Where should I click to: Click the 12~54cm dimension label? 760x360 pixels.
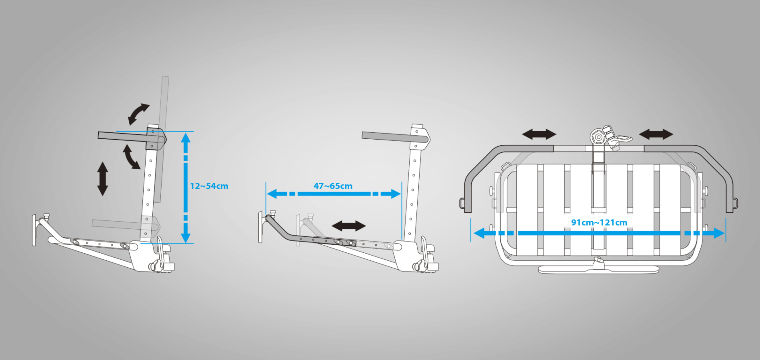209,186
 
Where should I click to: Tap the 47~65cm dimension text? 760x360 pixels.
333,186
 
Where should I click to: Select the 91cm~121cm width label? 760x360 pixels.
599,222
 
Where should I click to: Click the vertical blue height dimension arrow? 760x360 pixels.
185,187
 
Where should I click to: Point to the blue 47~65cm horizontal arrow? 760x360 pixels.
334,194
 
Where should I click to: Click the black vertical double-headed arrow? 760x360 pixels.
103,178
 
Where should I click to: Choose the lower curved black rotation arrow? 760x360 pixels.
130,157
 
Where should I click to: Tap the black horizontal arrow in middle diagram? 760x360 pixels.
349,226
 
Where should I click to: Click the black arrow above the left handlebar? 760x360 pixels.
539,134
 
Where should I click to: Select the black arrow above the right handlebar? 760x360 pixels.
656,134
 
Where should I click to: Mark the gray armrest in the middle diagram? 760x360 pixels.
395,137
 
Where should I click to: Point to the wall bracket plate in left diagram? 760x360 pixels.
34,230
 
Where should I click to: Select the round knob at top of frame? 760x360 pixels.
598,137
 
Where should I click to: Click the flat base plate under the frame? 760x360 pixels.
598,270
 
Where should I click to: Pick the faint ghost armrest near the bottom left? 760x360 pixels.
125,225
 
